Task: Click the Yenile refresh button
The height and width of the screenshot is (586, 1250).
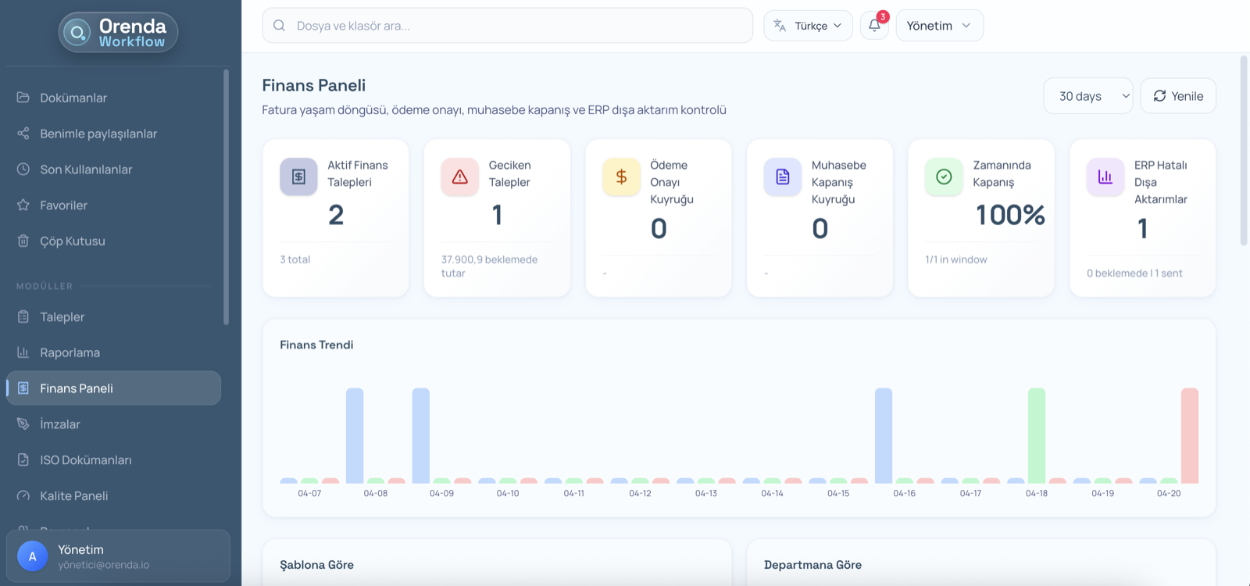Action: click(1177, 96)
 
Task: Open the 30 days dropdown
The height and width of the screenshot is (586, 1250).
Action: click(1087, 96)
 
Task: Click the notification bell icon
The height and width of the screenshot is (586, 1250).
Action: click(874, 26)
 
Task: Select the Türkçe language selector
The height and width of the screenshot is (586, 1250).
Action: click(808, 26)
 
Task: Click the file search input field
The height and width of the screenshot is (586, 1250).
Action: click(508, 26)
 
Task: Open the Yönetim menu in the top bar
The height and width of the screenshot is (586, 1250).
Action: click(939, 26)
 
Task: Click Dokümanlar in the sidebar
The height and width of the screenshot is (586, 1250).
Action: click(73, 98)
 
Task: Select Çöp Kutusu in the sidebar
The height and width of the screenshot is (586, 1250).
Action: click(72, 241)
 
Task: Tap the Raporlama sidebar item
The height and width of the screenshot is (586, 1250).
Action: click(70, 352)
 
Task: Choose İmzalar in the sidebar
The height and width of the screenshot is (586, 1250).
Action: click(60, 424)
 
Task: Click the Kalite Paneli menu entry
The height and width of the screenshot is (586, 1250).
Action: click(73, 495)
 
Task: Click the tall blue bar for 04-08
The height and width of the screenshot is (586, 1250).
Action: click(355, 435)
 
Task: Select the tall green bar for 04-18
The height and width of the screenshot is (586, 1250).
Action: click(1037, 435)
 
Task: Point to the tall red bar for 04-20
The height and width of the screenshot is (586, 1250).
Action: click(1189, 435)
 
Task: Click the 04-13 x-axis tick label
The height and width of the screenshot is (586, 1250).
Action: click(705, 494)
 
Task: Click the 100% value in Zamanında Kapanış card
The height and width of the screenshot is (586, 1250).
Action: click(1010, 215)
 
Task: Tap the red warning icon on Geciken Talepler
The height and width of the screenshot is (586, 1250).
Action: click(459, 177)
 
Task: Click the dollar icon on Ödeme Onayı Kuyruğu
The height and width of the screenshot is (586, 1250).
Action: click(621, 177)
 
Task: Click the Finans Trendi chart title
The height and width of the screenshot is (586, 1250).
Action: click(316, 345)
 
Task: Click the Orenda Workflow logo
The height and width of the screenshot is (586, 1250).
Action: click(118, 33)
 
